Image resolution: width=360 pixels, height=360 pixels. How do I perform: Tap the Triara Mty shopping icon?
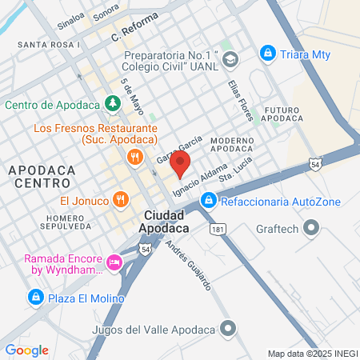click(268, 54)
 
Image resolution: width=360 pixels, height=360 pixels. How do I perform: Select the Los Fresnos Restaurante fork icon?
click(135, 157)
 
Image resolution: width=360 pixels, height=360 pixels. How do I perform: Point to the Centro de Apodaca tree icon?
click(114, 103)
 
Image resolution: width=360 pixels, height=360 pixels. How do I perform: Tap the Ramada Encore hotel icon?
click(114, 262)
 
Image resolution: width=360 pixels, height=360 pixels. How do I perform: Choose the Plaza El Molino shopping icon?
click(35, 298)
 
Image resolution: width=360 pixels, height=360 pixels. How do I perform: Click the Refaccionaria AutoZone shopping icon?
click(208, 199)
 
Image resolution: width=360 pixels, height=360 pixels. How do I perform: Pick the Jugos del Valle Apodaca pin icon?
click(230, 329)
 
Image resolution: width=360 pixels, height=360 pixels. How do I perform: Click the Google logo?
click(27, 350)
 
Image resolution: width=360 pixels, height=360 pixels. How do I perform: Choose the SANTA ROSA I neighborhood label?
click(48, 45)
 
